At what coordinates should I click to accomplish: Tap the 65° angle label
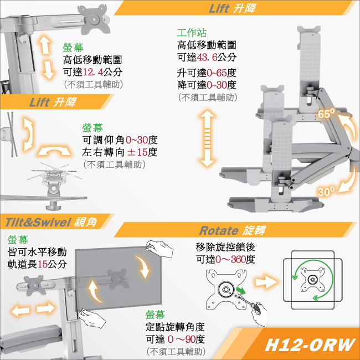pos(327,114)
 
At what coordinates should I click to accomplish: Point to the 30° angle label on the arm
pos(326,191)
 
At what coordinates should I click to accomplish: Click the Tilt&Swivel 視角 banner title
pos(52,222)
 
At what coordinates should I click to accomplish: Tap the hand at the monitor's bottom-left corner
pos(88,318)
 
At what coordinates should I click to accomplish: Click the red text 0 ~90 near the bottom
pos(181,339)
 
